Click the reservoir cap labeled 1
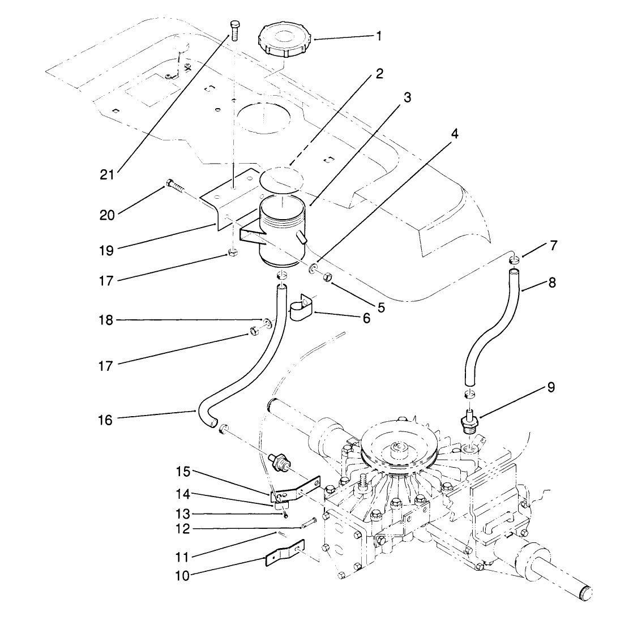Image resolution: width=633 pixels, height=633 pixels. click(285, 39)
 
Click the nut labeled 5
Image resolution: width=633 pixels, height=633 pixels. click(327, 277)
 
